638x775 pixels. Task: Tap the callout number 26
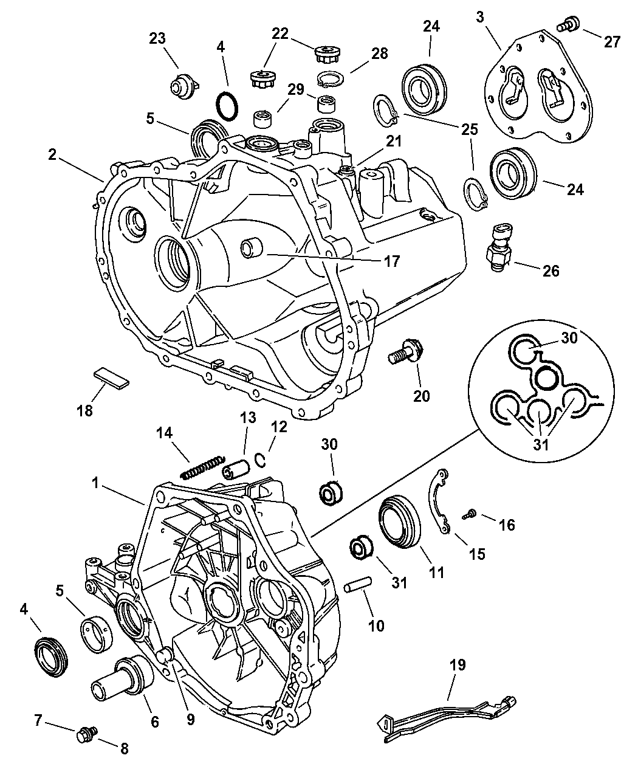pyautogui.click(x=551, y=270)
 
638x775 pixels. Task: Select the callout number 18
pyautogui.click(x=85, y=410)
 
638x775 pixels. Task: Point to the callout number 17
pyautogui.click(x=392, y=261)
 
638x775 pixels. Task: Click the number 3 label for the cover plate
pyautogui.click(x=480, y=16)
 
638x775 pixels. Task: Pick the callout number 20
pyautogui.click(x=421, y=396)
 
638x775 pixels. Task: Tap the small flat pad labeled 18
pyautogui.click(x=111, y=376)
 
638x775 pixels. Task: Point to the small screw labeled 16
pyautogui.click(x=469, y=515)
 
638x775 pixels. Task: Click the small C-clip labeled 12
pyautogui.click(x=260, y=461)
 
